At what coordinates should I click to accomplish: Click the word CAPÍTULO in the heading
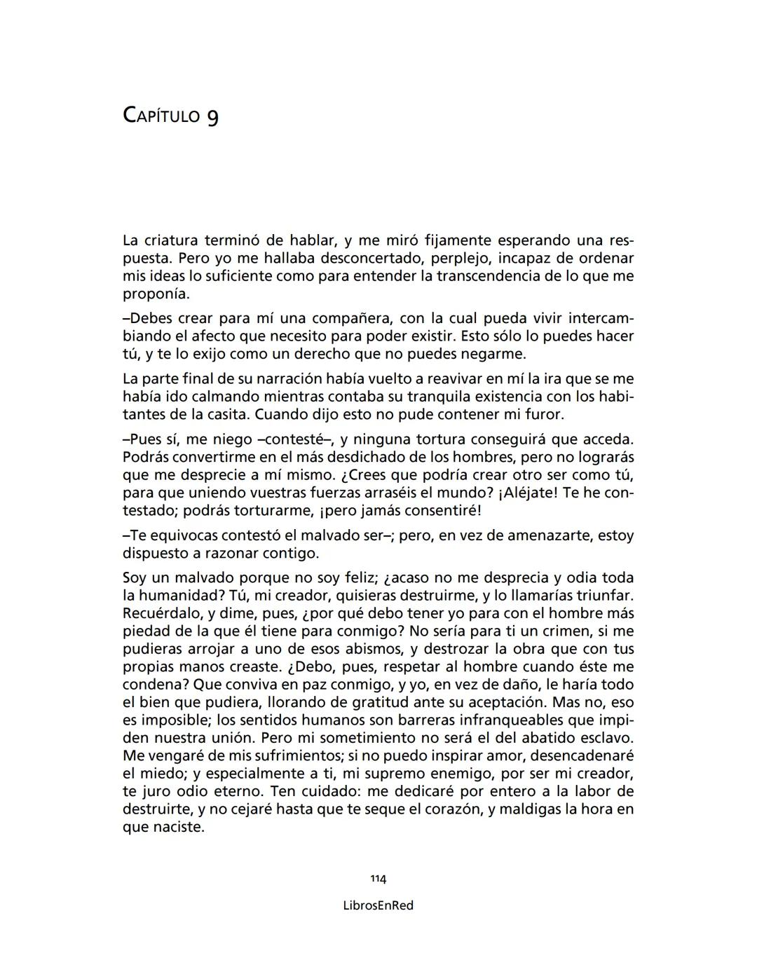(x=161, y=115)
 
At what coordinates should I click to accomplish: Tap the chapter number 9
(x=212, y=116)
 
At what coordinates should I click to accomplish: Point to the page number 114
(x=378, y=879)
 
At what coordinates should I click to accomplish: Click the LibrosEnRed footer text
(x=378, y=905)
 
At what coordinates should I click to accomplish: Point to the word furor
(x=540, y=414)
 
